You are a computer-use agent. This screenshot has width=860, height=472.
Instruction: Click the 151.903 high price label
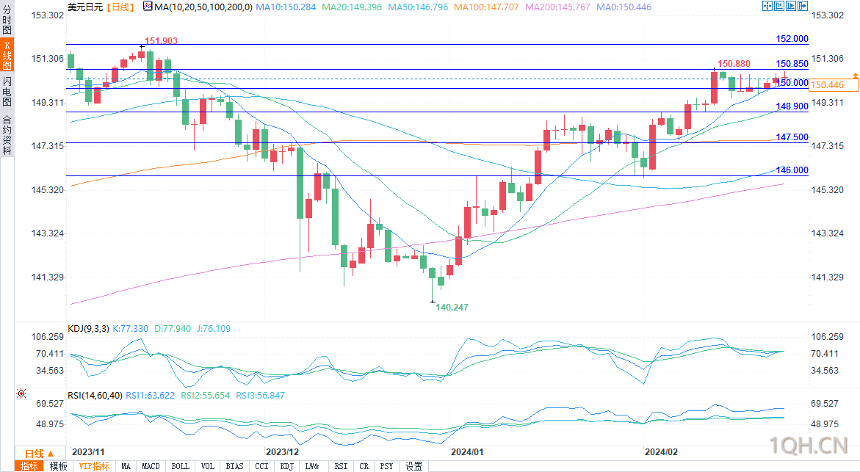pos(161,41)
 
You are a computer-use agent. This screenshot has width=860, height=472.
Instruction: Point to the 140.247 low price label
pos(452,308)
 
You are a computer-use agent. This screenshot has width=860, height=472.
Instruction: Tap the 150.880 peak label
pos(733,65)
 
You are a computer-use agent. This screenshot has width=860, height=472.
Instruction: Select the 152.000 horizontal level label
pos(792,39)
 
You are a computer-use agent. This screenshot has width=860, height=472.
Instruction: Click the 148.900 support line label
pos(792,106)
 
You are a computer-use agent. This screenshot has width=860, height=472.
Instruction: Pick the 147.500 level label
pos(792,137)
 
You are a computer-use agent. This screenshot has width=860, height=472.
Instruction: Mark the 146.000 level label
pos(792,170)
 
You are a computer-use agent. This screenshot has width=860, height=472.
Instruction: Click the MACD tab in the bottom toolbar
pos(151,466)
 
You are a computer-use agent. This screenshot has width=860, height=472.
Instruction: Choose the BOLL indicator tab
pos(180,466)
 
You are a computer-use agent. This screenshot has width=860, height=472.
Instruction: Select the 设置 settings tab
pos(414,466)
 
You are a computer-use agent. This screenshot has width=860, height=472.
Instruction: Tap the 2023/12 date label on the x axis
pos(282,451)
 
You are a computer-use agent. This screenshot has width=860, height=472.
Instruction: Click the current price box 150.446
pos(826,85)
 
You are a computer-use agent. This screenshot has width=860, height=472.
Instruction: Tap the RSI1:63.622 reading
pos(150,395)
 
